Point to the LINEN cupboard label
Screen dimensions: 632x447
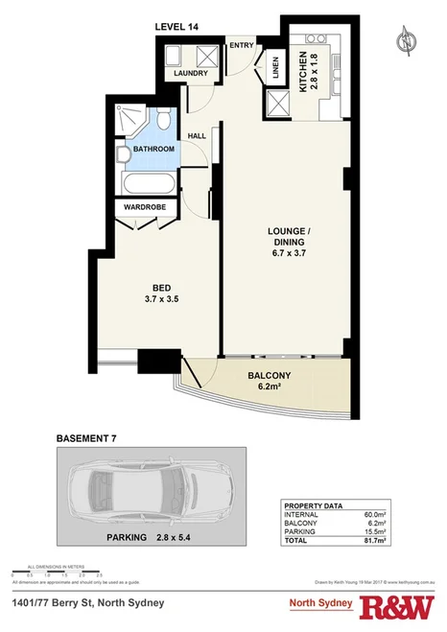[x=275, y=68]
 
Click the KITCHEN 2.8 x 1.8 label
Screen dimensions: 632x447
[x=310, y=68]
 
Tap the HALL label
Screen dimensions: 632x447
[x=197, y=136]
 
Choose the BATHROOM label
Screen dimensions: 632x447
[x=153, y=150]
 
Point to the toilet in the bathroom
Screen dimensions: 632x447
[x=164, y=122]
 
